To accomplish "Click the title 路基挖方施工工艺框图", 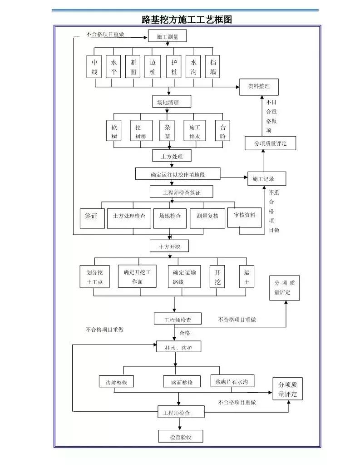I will click(187, 20).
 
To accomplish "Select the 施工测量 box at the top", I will click(167, 37).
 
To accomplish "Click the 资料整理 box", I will click(258, 86).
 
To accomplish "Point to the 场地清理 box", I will click(171, 102).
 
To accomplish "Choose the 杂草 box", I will click(168, 131).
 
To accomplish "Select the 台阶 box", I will click(222, 131).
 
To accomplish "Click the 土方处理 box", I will click(171, 156).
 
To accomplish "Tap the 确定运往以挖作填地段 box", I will click(178, 173).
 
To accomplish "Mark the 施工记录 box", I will click(267, 179).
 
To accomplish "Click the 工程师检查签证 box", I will click(181, 192).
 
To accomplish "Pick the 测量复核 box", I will click(207, 217).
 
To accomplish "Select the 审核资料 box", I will click(244, 215).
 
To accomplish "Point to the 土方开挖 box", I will click(169, 246).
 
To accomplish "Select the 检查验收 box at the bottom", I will click(180, 436).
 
